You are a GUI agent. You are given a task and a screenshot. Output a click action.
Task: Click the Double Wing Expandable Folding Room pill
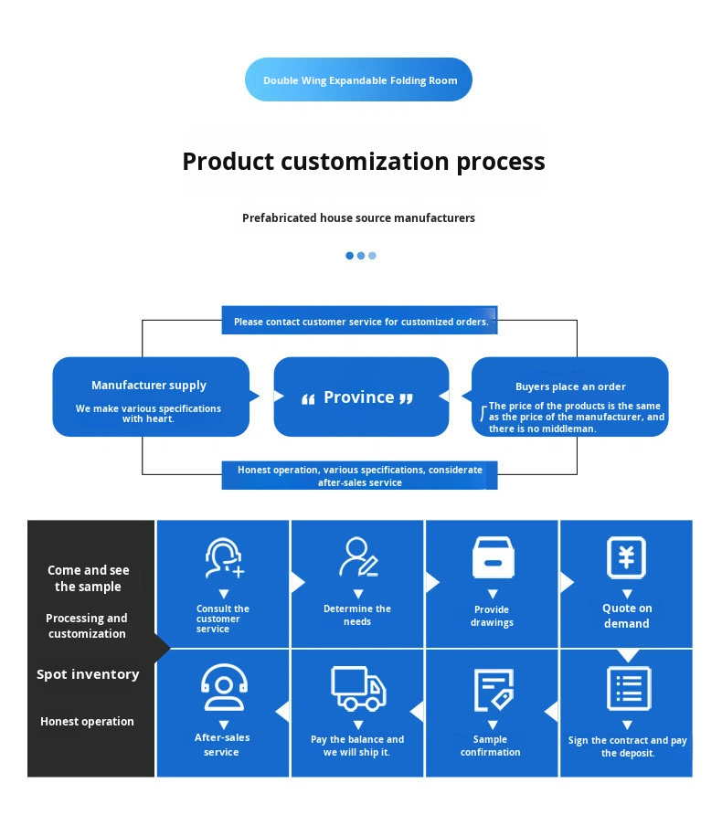[x=358, y=79]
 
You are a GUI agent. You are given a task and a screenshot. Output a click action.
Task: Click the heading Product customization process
[x=364, y=161]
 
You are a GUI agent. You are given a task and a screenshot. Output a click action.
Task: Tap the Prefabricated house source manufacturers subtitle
[x=358, y=217]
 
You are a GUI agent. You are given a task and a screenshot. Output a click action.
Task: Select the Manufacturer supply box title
[x=149, y=386]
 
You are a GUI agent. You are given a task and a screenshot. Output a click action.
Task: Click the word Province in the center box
[x=358, y=397]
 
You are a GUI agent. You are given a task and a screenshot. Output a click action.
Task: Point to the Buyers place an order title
[x=570, y=386]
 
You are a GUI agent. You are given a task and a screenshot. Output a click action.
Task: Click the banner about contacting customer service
[x=360, y=320]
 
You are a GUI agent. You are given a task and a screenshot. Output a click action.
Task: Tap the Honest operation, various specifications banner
[x=360, y=476]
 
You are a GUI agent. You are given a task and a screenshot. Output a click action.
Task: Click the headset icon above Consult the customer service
[x=224, y=558]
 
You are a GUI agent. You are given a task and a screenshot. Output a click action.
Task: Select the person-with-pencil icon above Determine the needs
[x=358, y=557]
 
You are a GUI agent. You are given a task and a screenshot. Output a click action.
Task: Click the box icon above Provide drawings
[x=493, y=557]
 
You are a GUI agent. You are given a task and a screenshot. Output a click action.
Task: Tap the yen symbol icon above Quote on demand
[x=626, y=557]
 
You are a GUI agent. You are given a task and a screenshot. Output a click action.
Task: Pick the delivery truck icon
[x=358, y=689]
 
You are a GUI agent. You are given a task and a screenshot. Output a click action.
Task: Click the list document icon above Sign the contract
[x=629, y=689]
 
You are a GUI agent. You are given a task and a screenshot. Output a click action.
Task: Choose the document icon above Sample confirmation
[x=494, y=690]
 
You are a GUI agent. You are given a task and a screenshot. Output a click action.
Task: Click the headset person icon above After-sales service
[x=224, y=687]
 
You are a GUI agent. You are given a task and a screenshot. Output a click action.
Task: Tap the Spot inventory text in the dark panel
[x=88, y=674]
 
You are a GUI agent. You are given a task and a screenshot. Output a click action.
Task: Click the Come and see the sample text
[x=89, y=578]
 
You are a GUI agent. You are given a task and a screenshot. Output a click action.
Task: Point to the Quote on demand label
[x=627, y=616]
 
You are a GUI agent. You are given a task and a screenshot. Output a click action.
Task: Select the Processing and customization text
[x=87, y=626]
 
